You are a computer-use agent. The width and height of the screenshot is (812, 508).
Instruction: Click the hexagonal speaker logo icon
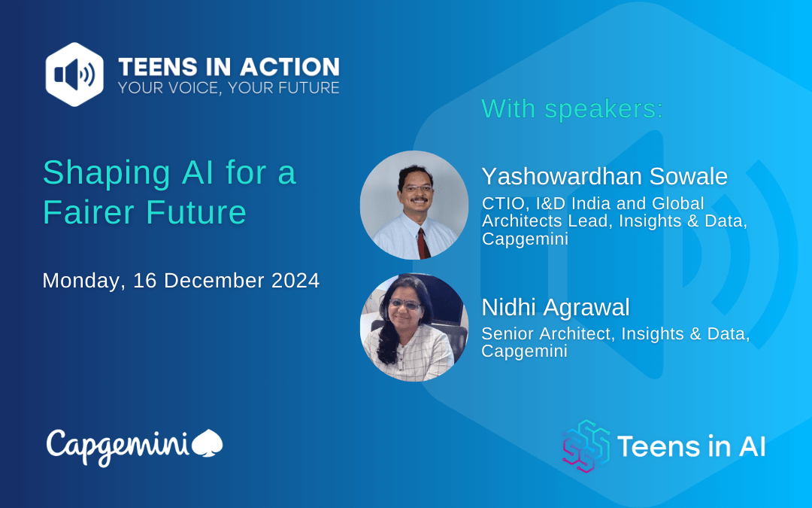74,74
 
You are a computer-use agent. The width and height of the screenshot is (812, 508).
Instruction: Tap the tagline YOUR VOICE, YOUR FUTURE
229,87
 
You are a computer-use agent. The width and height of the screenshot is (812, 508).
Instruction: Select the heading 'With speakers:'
572,109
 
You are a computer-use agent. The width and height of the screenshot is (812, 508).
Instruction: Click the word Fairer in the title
89,212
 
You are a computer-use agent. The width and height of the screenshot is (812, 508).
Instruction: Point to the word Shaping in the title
107,174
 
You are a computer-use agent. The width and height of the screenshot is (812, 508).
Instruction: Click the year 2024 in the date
295,281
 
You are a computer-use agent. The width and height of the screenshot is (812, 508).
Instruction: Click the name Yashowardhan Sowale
604,176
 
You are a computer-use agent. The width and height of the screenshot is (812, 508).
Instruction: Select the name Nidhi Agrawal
556,307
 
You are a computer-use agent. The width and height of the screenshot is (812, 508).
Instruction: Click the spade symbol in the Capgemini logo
208,443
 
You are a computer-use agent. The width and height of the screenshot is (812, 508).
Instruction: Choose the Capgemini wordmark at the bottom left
118,446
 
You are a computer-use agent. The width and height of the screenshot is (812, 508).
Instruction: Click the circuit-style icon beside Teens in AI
586,446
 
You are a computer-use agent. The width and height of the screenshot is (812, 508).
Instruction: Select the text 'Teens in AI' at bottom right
692,446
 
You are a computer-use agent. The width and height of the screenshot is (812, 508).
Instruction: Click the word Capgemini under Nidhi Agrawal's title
525,351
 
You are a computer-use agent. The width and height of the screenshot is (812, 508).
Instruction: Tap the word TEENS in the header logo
158,68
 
